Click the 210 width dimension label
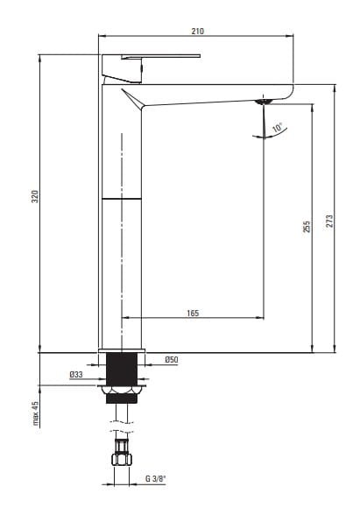click(197, 31)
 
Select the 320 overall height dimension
click(35, 196)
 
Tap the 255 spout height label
click(307, 226)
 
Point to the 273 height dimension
click(329, 221)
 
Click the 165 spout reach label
click(193, 313)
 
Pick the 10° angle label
click(278, 128)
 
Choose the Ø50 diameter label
click(172, 360)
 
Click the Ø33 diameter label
click(76, 375)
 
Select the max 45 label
click(36, 413)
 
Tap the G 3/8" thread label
click(156, 479)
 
